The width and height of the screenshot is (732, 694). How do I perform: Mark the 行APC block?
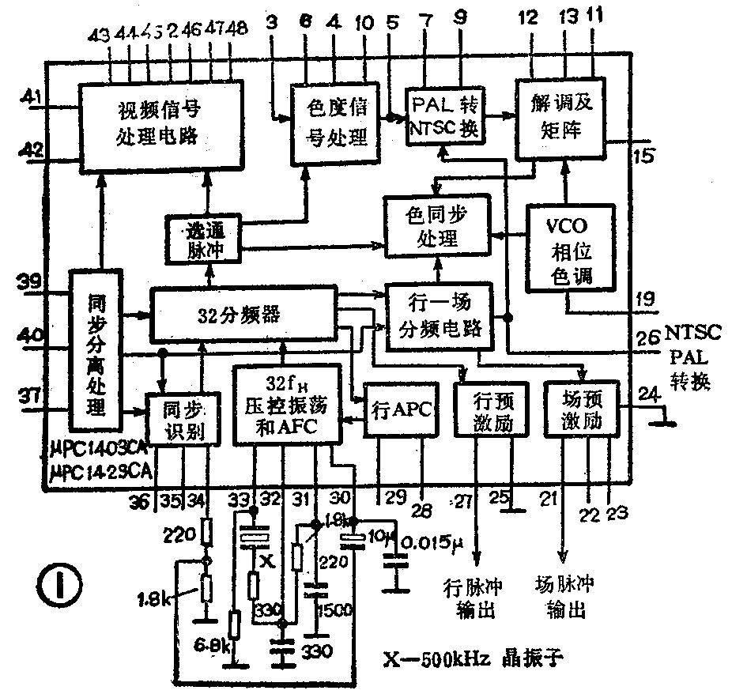(401, 408)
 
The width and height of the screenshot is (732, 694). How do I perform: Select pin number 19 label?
(645, 300)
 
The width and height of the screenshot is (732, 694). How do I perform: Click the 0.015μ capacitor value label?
(432, 545)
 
